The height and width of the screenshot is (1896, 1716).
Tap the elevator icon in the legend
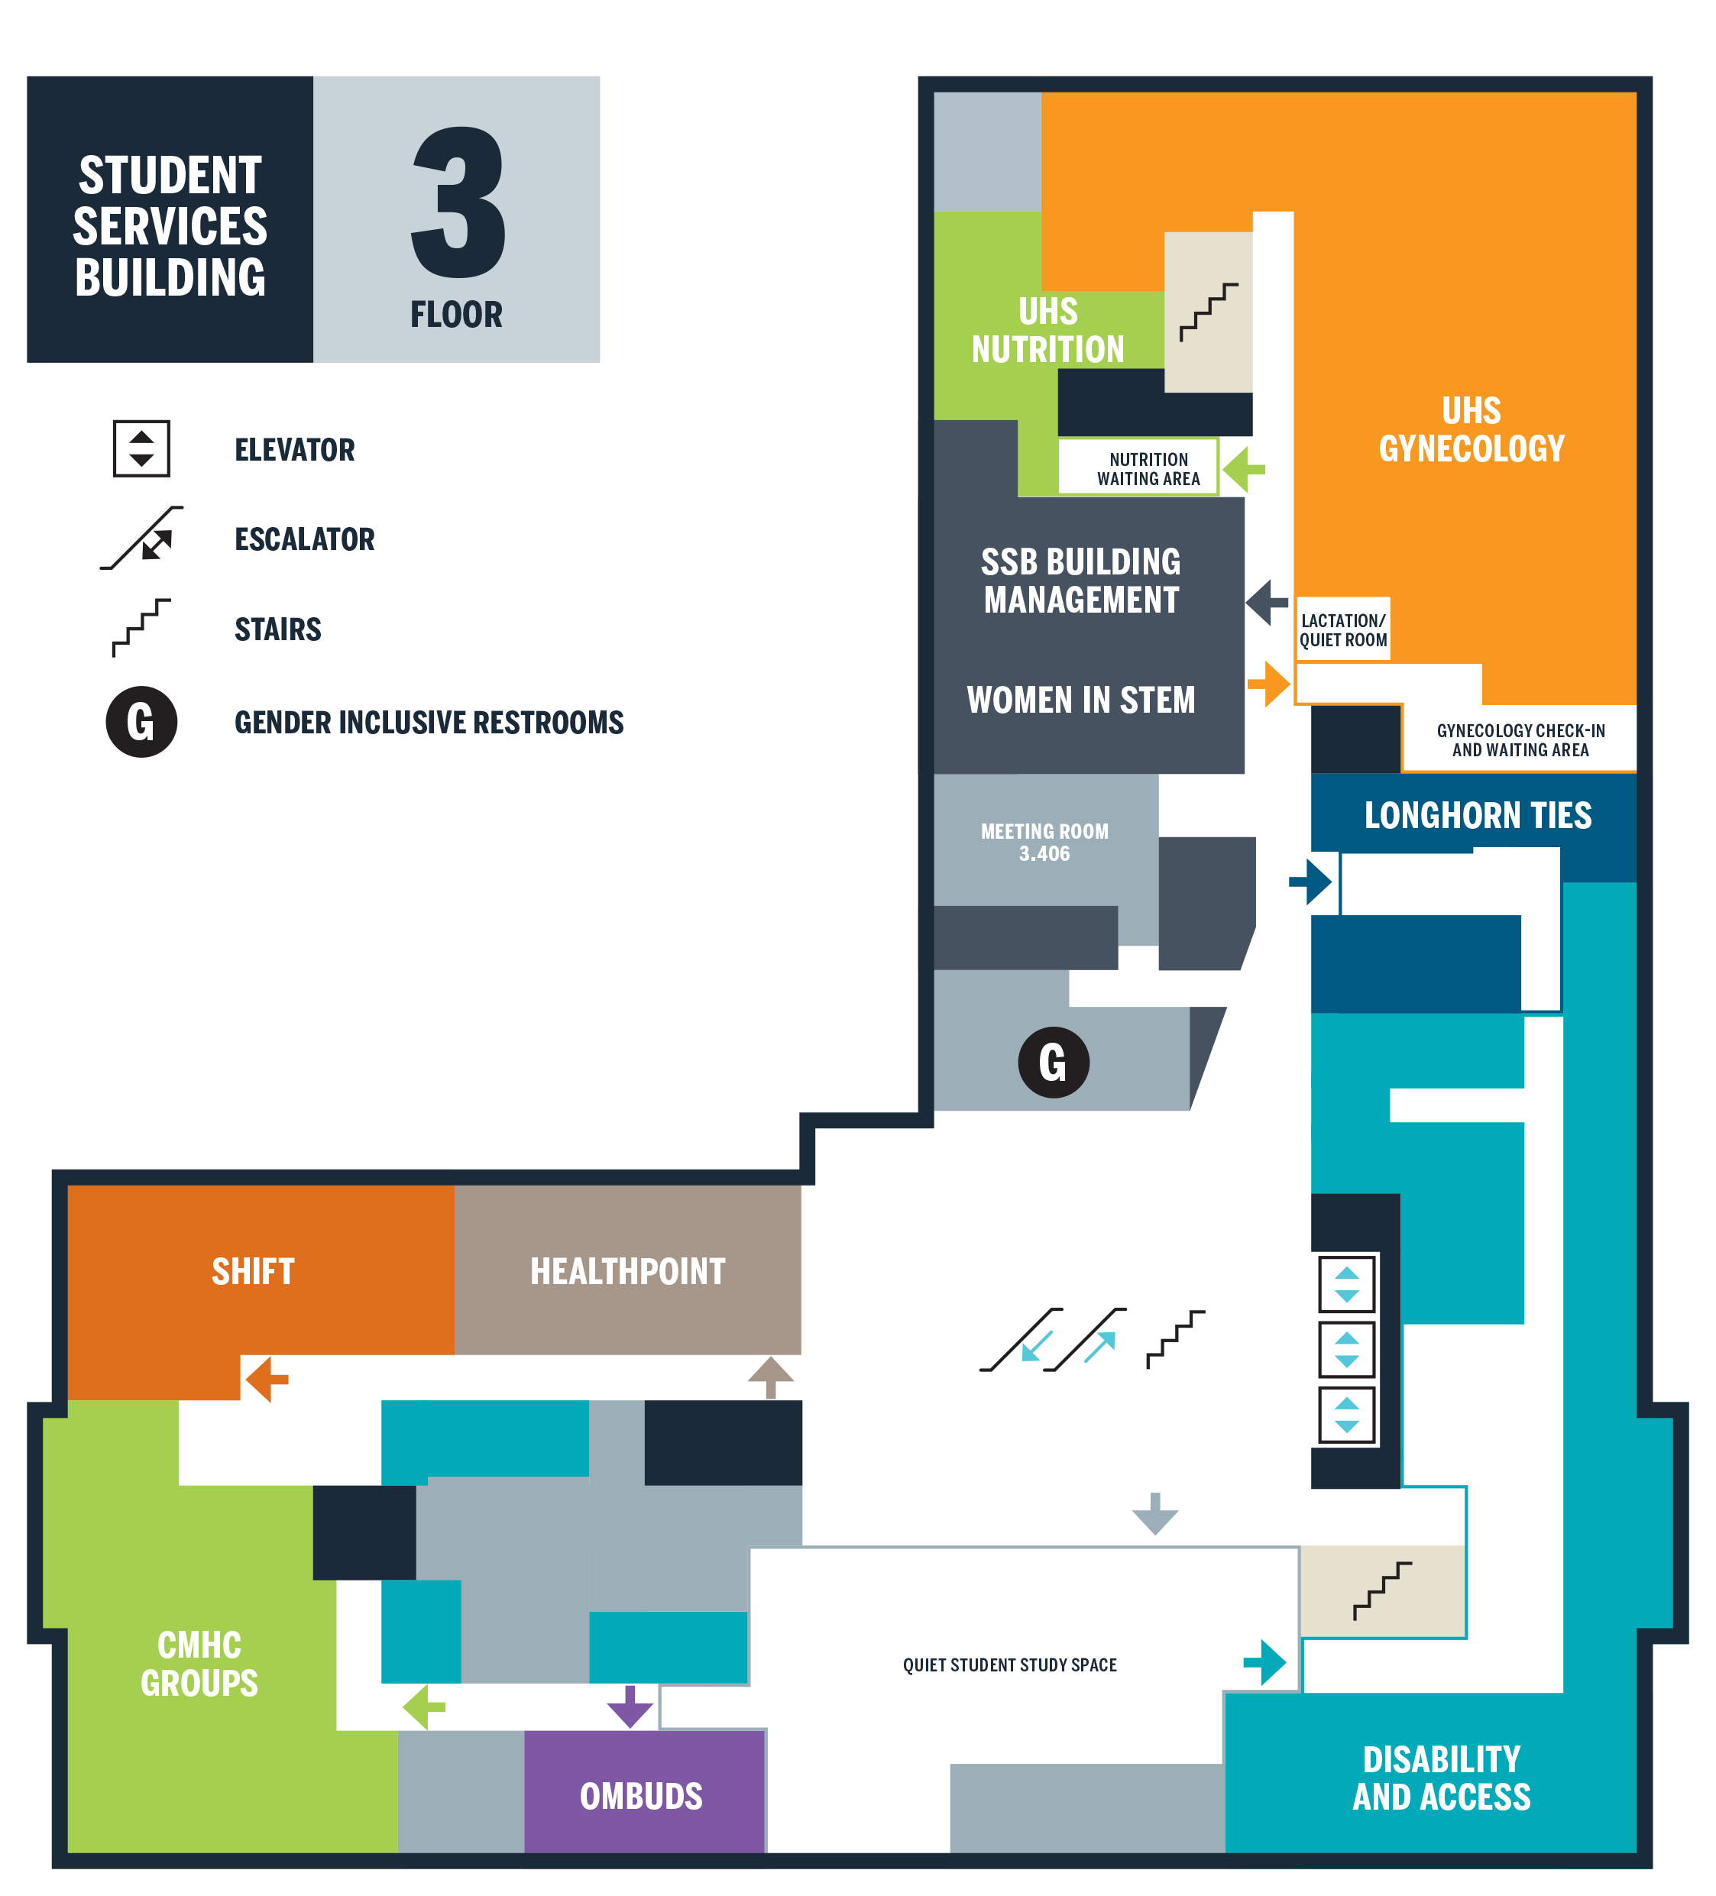(141, 448)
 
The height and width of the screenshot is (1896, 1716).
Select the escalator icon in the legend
(142, 538)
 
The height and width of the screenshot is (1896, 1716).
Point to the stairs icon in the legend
(141, 627)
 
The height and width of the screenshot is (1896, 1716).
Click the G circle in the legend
(141, 721)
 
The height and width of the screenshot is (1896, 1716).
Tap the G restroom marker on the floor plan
(1054, 1062)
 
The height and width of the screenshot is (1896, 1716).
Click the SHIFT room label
(253, 1272)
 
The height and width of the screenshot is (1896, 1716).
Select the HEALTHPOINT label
(627, 1272)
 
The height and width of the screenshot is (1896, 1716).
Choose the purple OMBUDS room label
(642, 1796)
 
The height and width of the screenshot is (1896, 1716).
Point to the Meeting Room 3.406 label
(1044, 843)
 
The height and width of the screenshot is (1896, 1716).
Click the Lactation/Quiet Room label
(1343, 630)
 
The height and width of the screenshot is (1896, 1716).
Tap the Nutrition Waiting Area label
(1148, 468)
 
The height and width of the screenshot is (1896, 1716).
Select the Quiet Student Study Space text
(1009, 1665)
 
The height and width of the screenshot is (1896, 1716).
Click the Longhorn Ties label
(1478, 815)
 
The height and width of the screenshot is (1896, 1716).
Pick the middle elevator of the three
(1346, 1350)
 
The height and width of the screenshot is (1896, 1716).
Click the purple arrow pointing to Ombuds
(630, 1706)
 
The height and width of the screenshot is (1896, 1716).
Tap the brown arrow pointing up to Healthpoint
(770, 1378)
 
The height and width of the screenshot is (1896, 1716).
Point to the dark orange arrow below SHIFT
(266, 1380)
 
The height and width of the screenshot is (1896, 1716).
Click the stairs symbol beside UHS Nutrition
(1209, 312)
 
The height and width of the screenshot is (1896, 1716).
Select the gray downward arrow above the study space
(1155, 1513)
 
